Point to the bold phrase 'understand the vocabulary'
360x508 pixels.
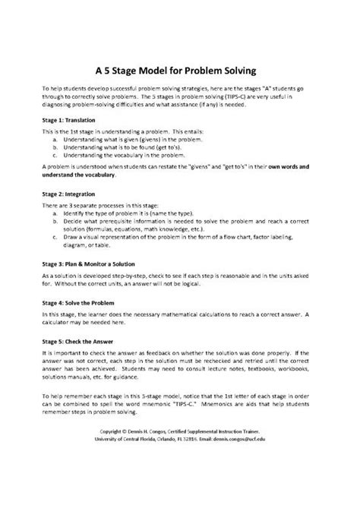[79, 175]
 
